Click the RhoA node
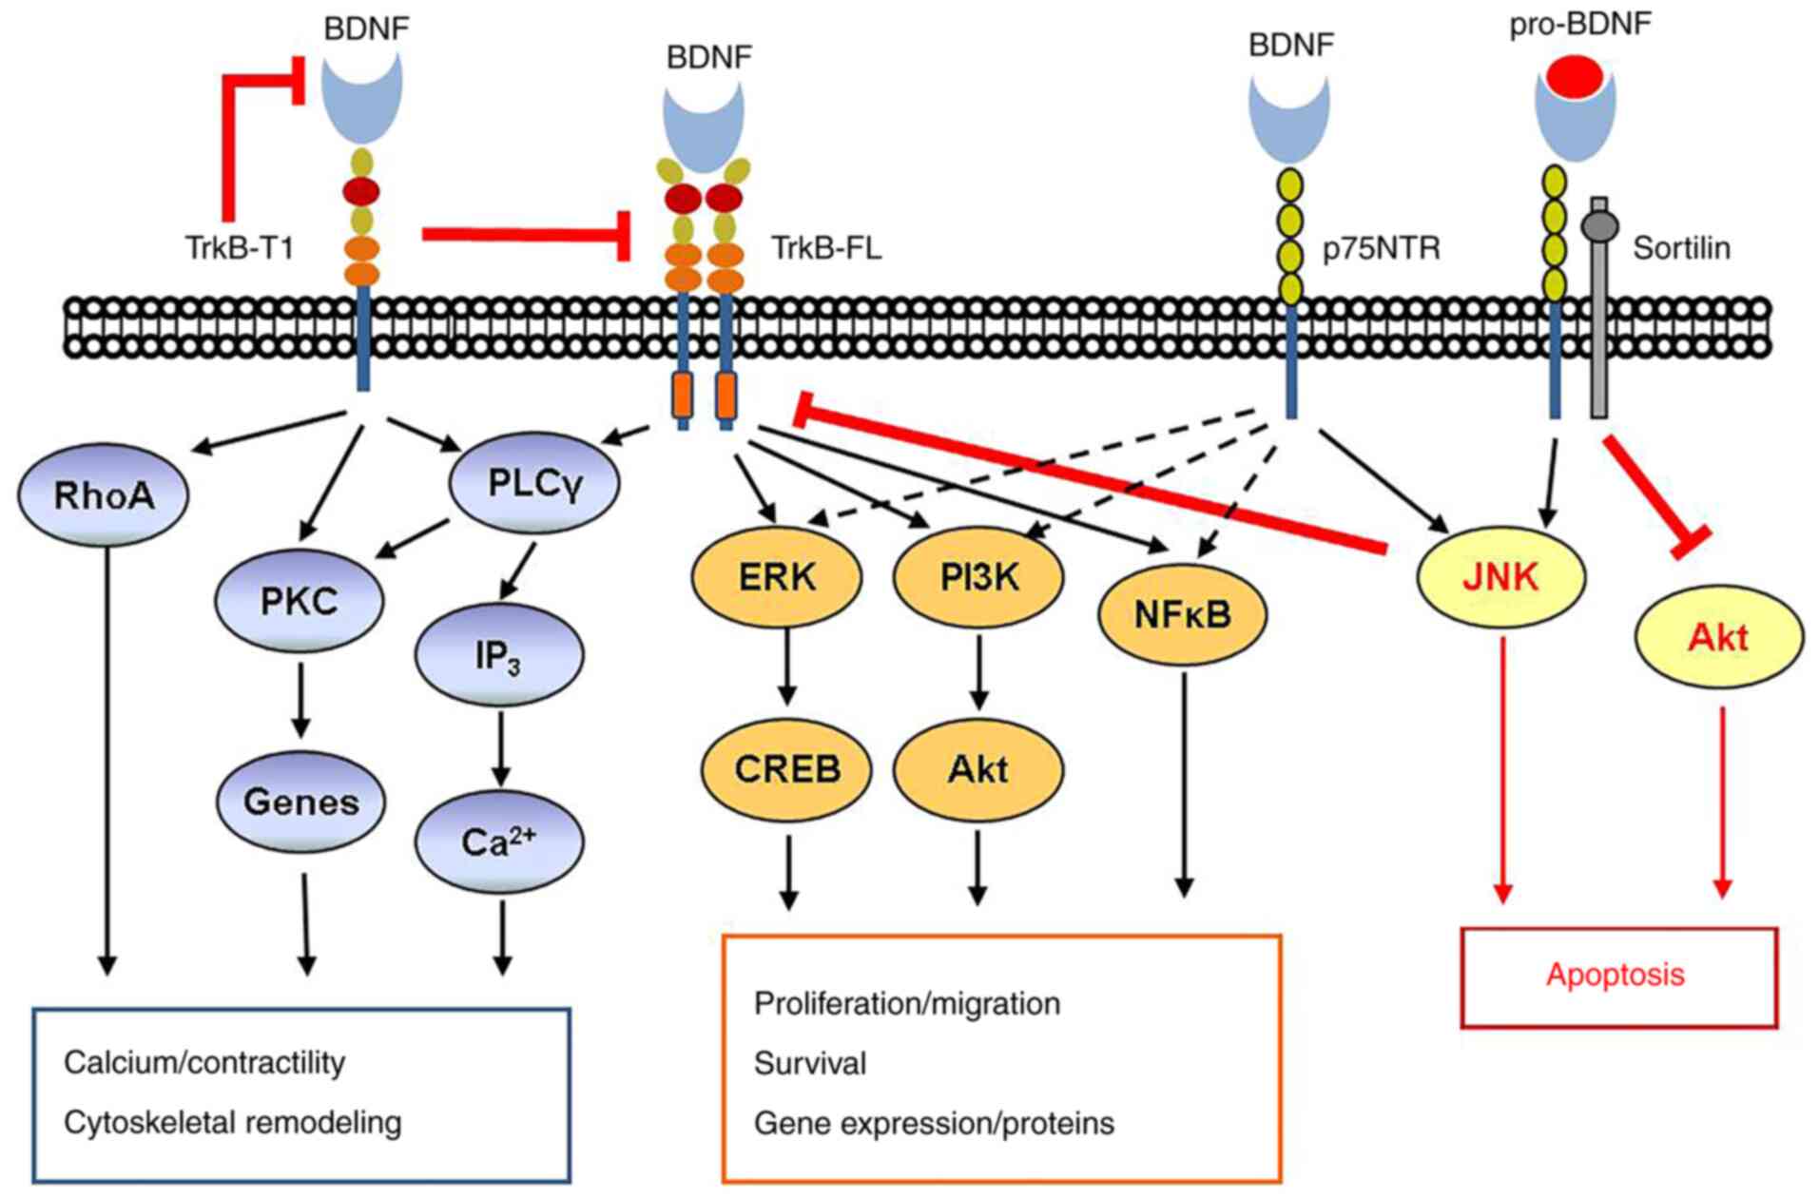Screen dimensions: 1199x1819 coord(104,494)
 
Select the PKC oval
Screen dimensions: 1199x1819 coord(300,600)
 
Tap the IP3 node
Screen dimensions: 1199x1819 coord(499,655)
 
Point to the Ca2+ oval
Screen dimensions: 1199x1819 coord(499,841)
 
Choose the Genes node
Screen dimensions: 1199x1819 coord(301,802)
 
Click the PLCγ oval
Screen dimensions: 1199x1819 coord(534,483)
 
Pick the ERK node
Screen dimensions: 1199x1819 coord(777,576)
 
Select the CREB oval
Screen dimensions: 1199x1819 coord(787,768)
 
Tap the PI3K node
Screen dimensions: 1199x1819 coord(978,576)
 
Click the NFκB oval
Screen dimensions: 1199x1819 coord(1183,614)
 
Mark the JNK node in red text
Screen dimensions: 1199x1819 coord(1501,576)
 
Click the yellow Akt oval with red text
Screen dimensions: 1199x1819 coord(1718,636)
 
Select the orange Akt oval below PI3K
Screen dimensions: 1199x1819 coord(978,768)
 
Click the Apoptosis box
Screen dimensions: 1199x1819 coord(1618,977)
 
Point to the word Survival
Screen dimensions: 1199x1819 coord(810,1063)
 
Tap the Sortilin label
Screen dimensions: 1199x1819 coord(1681,248)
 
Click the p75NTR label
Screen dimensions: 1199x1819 coord(1382,248)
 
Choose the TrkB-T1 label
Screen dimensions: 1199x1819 coord(240,248)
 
